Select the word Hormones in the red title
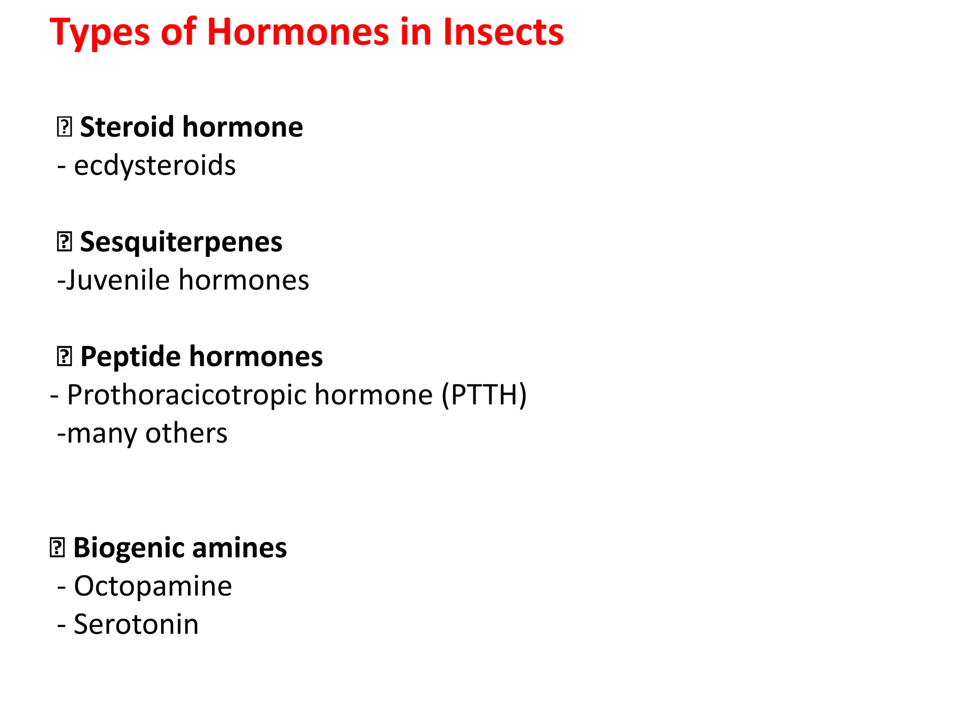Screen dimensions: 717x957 tap(298, 33)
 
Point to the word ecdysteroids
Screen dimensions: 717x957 tap(155, 166)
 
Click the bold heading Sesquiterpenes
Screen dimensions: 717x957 tap(181, 242)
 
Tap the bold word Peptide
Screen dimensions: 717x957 tap(130, 357)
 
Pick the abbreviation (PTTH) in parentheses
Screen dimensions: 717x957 tap(484, 395)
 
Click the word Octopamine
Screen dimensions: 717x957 tap(153, 586)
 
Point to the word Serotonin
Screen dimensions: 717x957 tap(136, 625)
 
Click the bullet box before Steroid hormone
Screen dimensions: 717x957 tap(64, 127)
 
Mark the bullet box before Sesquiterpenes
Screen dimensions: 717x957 tap(64, 242)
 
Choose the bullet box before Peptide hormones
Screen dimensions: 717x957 tap(64, 357)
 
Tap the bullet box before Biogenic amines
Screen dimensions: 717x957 tap(57, 548)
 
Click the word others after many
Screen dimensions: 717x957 tap(186, 434)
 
